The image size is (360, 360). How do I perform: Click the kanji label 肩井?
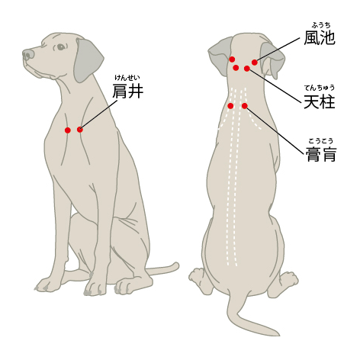coord(127,92)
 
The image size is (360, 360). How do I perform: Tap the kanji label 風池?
coord(319,37)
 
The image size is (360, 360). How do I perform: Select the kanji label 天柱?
coord(319,101)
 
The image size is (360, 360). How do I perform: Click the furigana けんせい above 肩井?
coord(127,77)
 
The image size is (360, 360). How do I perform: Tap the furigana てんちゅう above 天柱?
coord(319,87)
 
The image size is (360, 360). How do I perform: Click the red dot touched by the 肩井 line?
coord(80,130)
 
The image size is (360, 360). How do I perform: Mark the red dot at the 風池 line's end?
coord(255,63)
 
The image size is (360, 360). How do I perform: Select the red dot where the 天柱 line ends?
coord(247,69)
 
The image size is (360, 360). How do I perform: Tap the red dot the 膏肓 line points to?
coord(245,106)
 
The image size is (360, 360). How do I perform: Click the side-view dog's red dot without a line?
coord(68,130)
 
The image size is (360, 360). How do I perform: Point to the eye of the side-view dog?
coord(61,47)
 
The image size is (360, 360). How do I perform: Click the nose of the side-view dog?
coord(27,55)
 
